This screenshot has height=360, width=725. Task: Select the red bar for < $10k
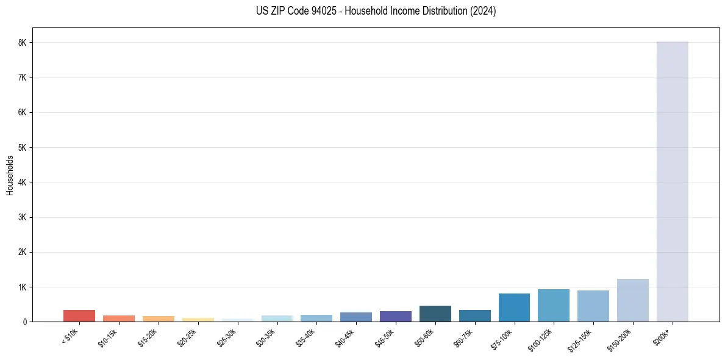[79, 315]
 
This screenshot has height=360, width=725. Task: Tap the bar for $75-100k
[514, 308]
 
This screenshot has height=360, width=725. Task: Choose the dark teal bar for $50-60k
[435, 314]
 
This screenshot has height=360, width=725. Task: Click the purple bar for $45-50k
[395, 316]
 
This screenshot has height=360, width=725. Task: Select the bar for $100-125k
[554, 305]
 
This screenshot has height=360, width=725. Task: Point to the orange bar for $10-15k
[118, 319]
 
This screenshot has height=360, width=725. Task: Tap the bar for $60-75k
[474, 315]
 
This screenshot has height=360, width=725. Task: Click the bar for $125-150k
[593, 306]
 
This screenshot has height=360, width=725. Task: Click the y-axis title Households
[10, 175]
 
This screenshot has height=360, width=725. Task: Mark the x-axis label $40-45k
[346, 336]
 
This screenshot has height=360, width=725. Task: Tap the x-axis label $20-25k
[188, 336]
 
